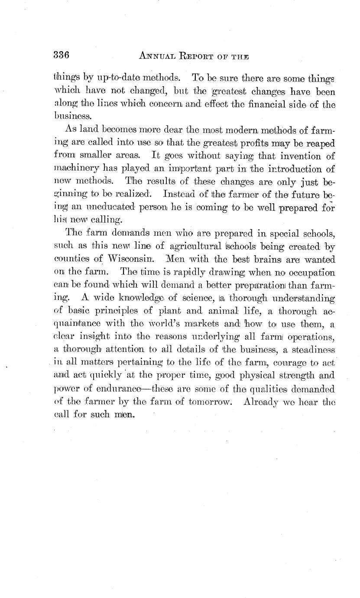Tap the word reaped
(x=321, y=143)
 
